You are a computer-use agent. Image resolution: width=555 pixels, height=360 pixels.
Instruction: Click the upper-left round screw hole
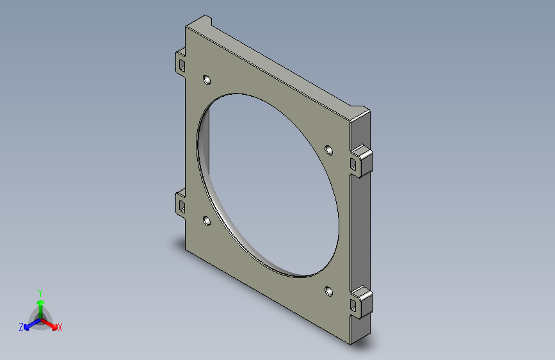pos(207,79)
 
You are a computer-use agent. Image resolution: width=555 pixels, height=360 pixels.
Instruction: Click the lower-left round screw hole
pos(207,221)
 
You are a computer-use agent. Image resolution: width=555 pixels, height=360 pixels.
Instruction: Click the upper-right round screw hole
pos(329,151)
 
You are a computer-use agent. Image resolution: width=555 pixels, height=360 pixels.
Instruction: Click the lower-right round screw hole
pos(329,291)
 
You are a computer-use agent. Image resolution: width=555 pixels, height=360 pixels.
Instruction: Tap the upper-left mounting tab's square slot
pos(182,65)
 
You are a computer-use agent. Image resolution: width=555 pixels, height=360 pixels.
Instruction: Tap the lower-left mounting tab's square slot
pos(182,206)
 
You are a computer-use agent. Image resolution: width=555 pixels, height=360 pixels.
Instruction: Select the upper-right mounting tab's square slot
pos(353,164)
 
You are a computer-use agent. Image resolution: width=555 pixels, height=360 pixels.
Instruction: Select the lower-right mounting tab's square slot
pos(353,306)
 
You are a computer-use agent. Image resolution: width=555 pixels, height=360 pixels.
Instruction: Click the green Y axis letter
pos(40,293)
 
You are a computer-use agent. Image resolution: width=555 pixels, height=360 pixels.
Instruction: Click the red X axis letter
pos(60,328)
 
